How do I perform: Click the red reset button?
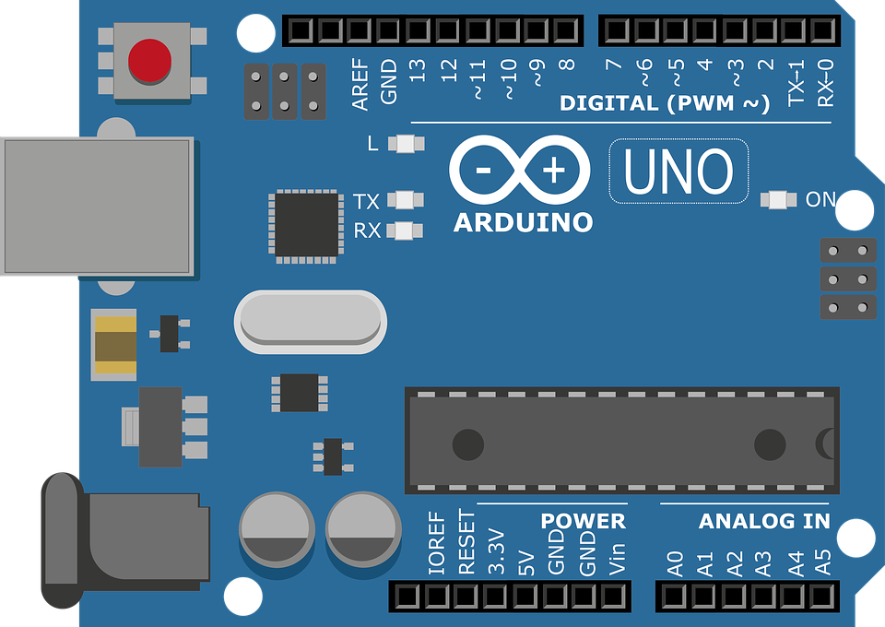(149, 60)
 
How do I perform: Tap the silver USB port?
(97, 206)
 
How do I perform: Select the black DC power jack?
(125, 540)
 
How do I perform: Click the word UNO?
(678, 171)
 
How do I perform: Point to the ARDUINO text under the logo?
(524, 222)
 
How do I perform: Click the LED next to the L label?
(407, 143)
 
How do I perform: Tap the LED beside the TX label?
(406, 200)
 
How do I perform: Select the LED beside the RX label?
(405, 231)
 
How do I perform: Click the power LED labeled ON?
(778, 200)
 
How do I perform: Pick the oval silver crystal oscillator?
(311, 322)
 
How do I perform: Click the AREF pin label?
(360, 85)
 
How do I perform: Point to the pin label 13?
(417, 71)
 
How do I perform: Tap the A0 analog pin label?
(675, 563)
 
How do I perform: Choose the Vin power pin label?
(618, 559)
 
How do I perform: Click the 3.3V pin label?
(496, 551)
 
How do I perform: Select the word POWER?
(583, 521)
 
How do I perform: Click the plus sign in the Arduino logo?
(554, 170)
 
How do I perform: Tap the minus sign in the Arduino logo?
(484, 170)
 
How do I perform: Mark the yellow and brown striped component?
(116, 345)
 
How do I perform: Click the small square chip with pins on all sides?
(306, 226)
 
